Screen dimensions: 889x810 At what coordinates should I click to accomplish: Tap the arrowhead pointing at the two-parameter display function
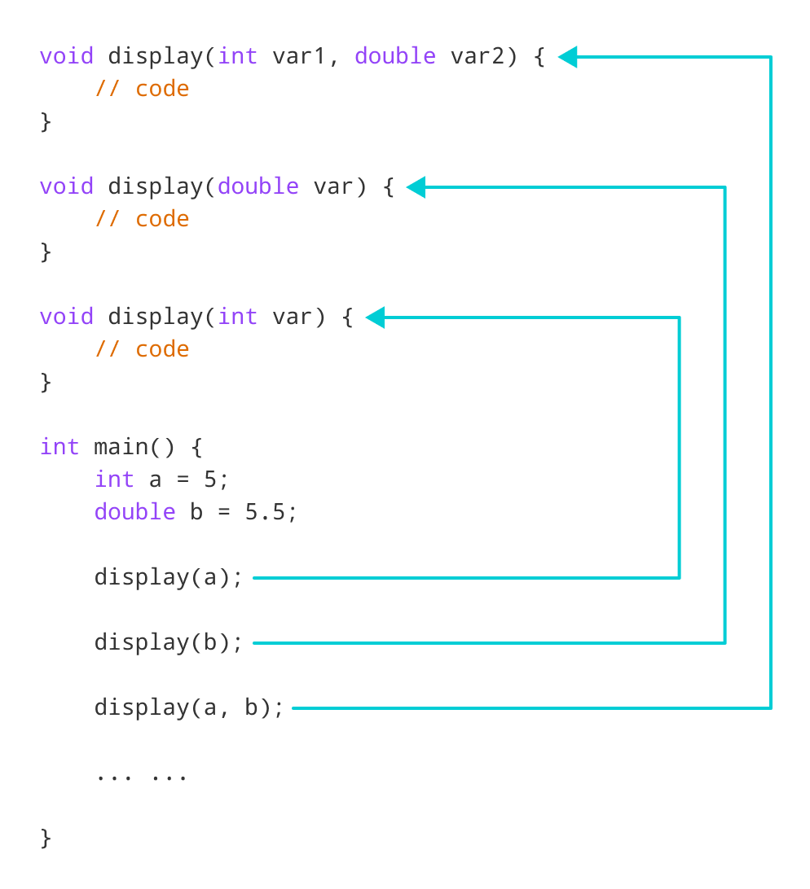point(568,57)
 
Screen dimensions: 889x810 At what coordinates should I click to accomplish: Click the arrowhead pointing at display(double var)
point(416,187)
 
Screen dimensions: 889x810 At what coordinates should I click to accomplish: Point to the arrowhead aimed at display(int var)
point(375,317)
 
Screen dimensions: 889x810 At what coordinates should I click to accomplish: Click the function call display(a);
point(169,577)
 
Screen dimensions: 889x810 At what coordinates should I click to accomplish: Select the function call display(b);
point(169,642)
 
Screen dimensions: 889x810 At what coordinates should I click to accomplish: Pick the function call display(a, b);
point(189,707)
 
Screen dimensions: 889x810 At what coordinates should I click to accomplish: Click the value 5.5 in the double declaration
point(265,512)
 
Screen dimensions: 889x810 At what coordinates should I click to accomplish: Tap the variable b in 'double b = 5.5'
point(196,512)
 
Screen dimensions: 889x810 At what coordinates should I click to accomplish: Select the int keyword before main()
point(59,447)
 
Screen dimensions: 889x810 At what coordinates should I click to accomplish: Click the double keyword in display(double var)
point(258,186)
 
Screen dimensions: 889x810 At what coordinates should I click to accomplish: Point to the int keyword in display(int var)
point(237,317)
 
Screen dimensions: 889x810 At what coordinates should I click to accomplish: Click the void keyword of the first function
point(66,56)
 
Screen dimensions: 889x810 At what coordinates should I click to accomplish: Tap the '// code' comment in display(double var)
point(142,219)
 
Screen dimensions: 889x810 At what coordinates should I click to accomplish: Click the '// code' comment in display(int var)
point(142,349)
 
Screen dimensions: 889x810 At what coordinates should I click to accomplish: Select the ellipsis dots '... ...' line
point(141,775)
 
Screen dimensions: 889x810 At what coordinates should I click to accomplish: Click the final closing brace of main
point(46,838)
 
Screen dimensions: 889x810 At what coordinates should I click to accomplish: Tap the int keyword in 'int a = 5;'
point(114,480)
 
